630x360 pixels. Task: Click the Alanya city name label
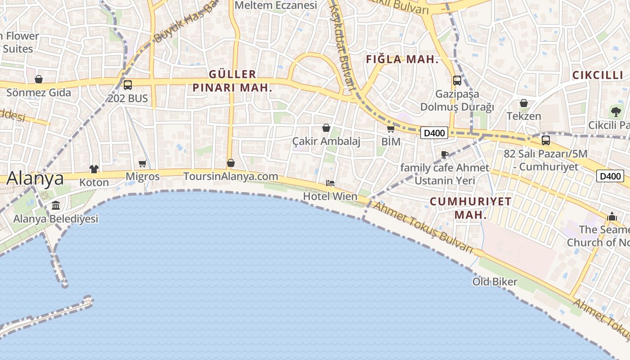35,178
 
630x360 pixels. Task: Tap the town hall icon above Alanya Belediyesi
56,206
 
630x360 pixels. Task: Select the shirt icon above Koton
94,169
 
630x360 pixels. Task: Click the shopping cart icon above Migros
143,163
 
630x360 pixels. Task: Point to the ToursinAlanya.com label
230,176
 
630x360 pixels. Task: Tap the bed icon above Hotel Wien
330,183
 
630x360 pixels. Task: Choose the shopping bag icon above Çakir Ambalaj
326,128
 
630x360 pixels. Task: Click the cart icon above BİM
391,129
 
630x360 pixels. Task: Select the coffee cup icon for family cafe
445,155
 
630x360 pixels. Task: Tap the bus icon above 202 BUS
128,85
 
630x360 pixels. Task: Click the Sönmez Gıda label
39,93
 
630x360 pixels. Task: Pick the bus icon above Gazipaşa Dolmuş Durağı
457,81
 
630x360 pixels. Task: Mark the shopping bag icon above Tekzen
524,103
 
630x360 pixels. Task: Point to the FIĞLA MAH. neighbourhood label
402,59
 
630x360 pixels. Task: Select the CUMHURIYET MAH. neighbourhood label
471,208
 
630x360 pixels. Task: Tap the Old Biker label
495,282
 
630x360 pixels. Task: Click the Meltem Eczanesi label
276,5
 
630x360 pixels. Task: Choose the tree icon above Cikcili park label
616,112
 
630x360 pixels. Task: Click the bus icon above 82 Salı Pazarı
546,140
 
